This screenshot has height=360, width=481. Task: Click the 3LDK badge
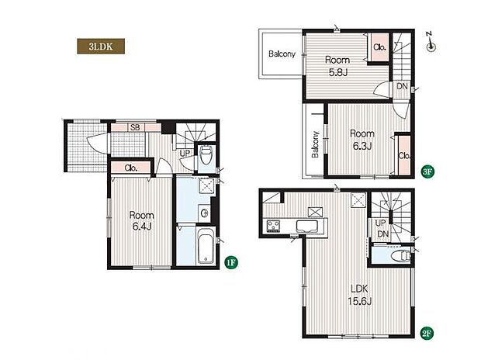[x=101, y=47]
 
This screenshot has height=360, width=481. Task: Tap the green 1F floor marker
[x=231, y=262]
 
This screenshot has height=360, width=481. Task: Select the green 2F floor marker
[x=427, y=333]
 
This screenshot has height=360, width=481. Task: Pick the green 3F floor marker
[x=427, y=171]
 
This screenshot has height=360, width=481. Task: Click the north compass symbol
[x=431, y=43]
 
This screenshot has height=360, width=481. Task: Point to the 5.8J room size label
[x=338, y=73]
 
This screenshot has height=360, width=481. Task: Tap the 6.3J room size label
[x=362, y=146]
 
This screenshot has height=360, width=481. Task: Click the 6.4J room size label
[x=142, y=227]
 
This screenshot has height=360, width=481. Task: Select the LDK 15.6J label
[x=359, y=295]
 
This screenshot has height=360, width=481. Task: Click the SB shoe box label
[x=135, y=127]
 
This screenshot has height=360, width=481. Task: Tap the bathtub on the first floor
[x=206, y=245]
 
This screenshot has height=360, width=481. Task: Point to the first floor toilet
[x=206, y=155]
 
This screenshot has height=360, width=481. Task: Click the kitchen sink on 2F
[x=306, y=227]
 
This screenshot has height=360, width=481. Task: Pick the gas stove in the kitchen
[x=273, y=227]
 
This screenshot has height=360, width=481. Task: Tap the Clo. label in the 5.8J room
[x=379, y=47]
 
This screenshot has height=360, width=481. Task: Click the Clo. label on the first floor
[x=131, y=168]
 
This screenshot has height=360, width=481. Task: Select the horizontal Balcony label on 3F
[x=282, y=54]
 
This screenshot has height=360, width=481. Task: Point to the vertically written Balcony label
[x=315, y=144]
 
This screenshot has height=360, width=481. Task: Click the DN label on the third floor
[x=402, y=86]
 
